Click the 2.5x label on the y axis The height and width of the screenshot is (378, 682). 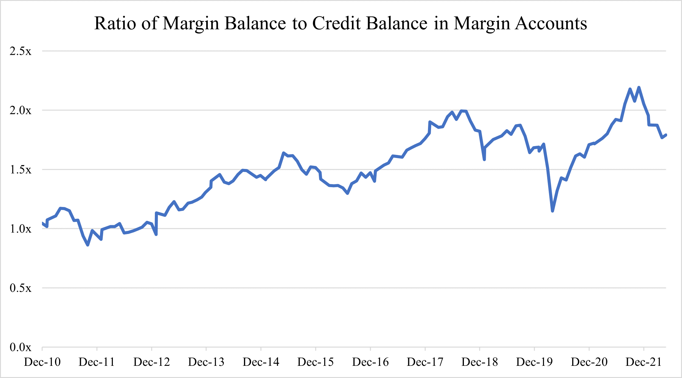tap(20, 51)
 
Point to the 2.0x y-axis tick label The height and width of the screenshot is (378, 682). tap(20, 110)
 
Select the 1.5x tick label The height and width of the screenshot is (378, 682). tap(20, 170)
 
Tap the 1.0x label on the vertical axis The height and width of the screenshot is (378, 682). tap(20, 229)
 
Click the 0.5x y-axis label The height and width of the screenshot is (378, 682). tap(20, 288)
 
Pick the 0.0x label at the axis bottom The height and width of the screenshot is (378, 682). tap(20, 347)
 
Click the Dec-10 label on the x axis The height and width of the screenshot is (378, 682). tap(42, 362)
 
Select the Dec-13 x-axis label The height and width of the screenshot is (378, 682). tap(206, 362)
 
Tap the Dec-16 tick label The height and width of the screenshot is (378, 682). tap(371, 362)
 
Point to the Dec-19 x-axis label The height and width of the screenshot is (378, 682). tap(534, 362)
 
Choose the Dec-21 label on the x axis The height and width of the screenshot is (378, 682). tap(644, 362)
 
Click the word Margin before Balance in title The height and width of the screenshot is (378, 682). tap(191, 23)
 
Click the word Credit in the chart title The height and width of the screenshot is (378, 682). tap(336, 23)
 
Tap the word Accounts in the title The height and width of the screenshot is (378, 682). tap(551, 23)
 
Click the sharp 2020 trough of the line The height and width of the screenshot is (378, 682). tap(552, 211)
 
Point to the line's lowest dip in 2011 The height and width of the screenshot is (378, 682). tap(88, 245)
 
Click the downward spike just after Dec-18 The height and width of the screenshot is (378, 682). tap(484, 159)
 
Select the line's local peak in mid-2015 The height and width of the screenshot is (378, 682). tap(284, 153)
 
